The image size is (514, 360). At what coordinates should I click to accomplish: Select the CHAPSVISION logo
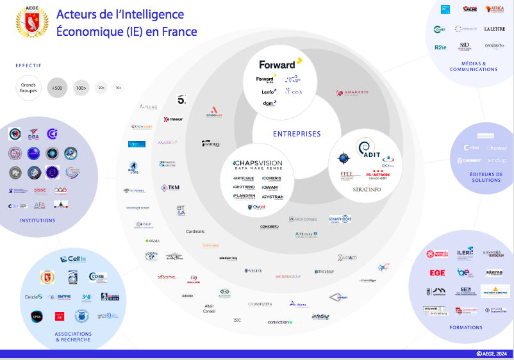pyautogui.click(x=258, y=165)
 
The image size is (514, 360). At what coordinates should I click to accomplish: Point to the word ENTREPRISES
pyautogui.click(x=297, y=135)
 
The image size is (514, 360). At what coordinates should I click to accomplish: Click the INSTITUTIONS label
pyautogui.click(x=37, y=220)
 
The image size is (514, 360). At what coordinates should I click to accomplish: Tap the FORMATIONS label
pyautogui.click(x=466, y=327)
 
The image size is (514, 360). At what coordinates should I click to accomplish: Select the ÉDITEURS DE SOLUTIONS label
pyautogui.click(x=485, y=177)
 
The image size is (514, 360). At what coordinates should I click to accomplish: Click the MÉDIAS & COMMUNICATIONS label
pyautogui.click(x=474, y=67)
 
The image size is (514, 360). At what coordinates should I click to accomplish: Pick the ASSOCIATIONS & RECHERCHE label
pyautogui.click(x=74, y=336)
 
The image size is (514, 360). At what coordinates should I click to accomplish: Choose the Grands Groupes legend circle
pyautogui.click(x=28, y=87)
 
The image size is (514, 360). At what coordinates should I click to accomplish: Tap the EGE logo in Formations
pyautogui.click(x=437, y=272)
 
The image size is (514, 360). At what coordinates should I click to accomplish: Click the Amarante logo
pyautogui.click(x=352, y=93)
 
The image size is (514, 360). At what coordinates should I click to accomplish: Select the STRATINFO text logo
pyautogui.click(x=367, y=190)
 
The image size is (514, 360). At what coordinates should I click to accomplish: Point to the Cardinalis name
pyautogui.click(x=195, y=231)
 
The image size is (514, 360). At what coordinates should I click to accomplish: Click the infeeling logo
pyautogui.click(x=320, y=316)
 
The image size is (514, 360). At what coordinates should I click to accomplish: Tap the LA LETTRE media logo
pyautogui.click(x=494, y=29)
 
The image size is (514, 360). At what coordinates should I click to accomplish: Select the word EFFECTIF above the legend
pyautogui.click(x=28, y=65)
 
